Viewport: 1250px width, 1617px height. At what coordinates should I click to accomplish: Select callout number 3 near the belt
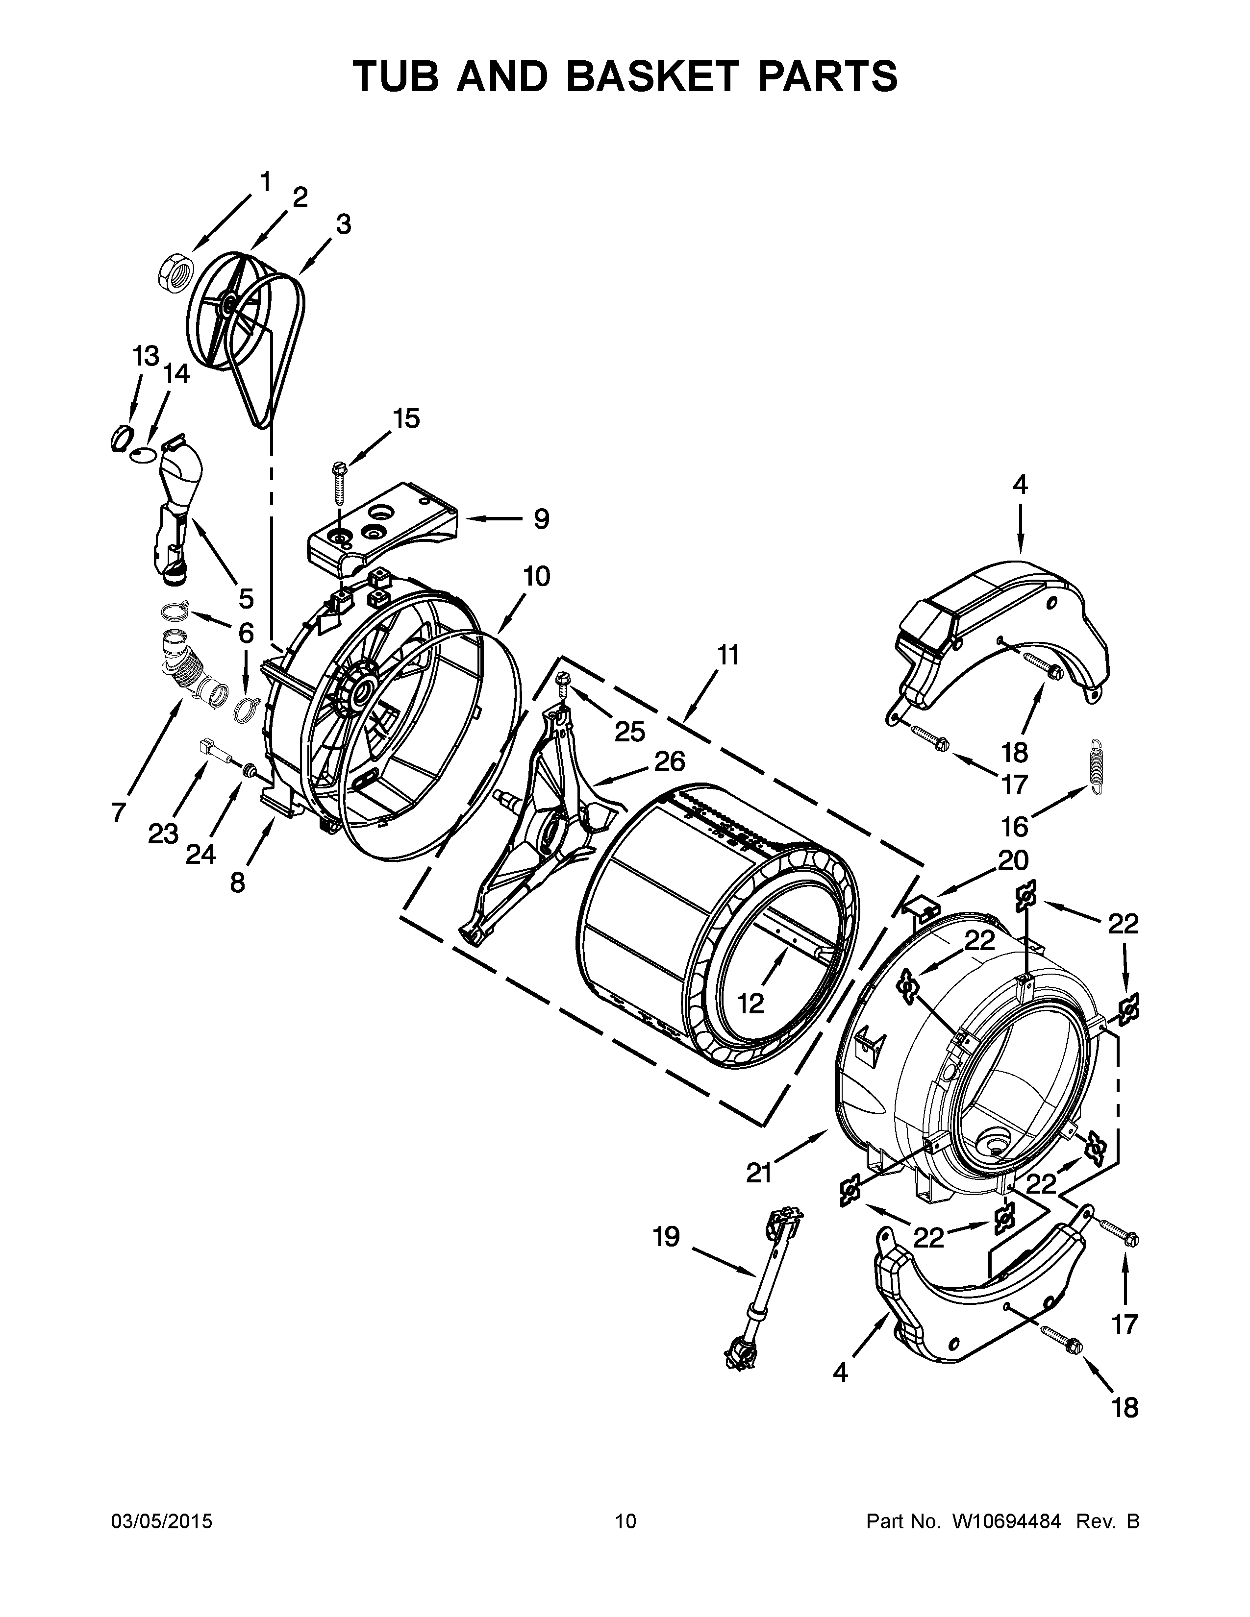pyautogui.click(x=343, y=224)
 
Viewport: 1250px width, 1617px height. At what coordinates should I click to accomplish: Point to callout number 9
pyautogui.click(x=541, y=519)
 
